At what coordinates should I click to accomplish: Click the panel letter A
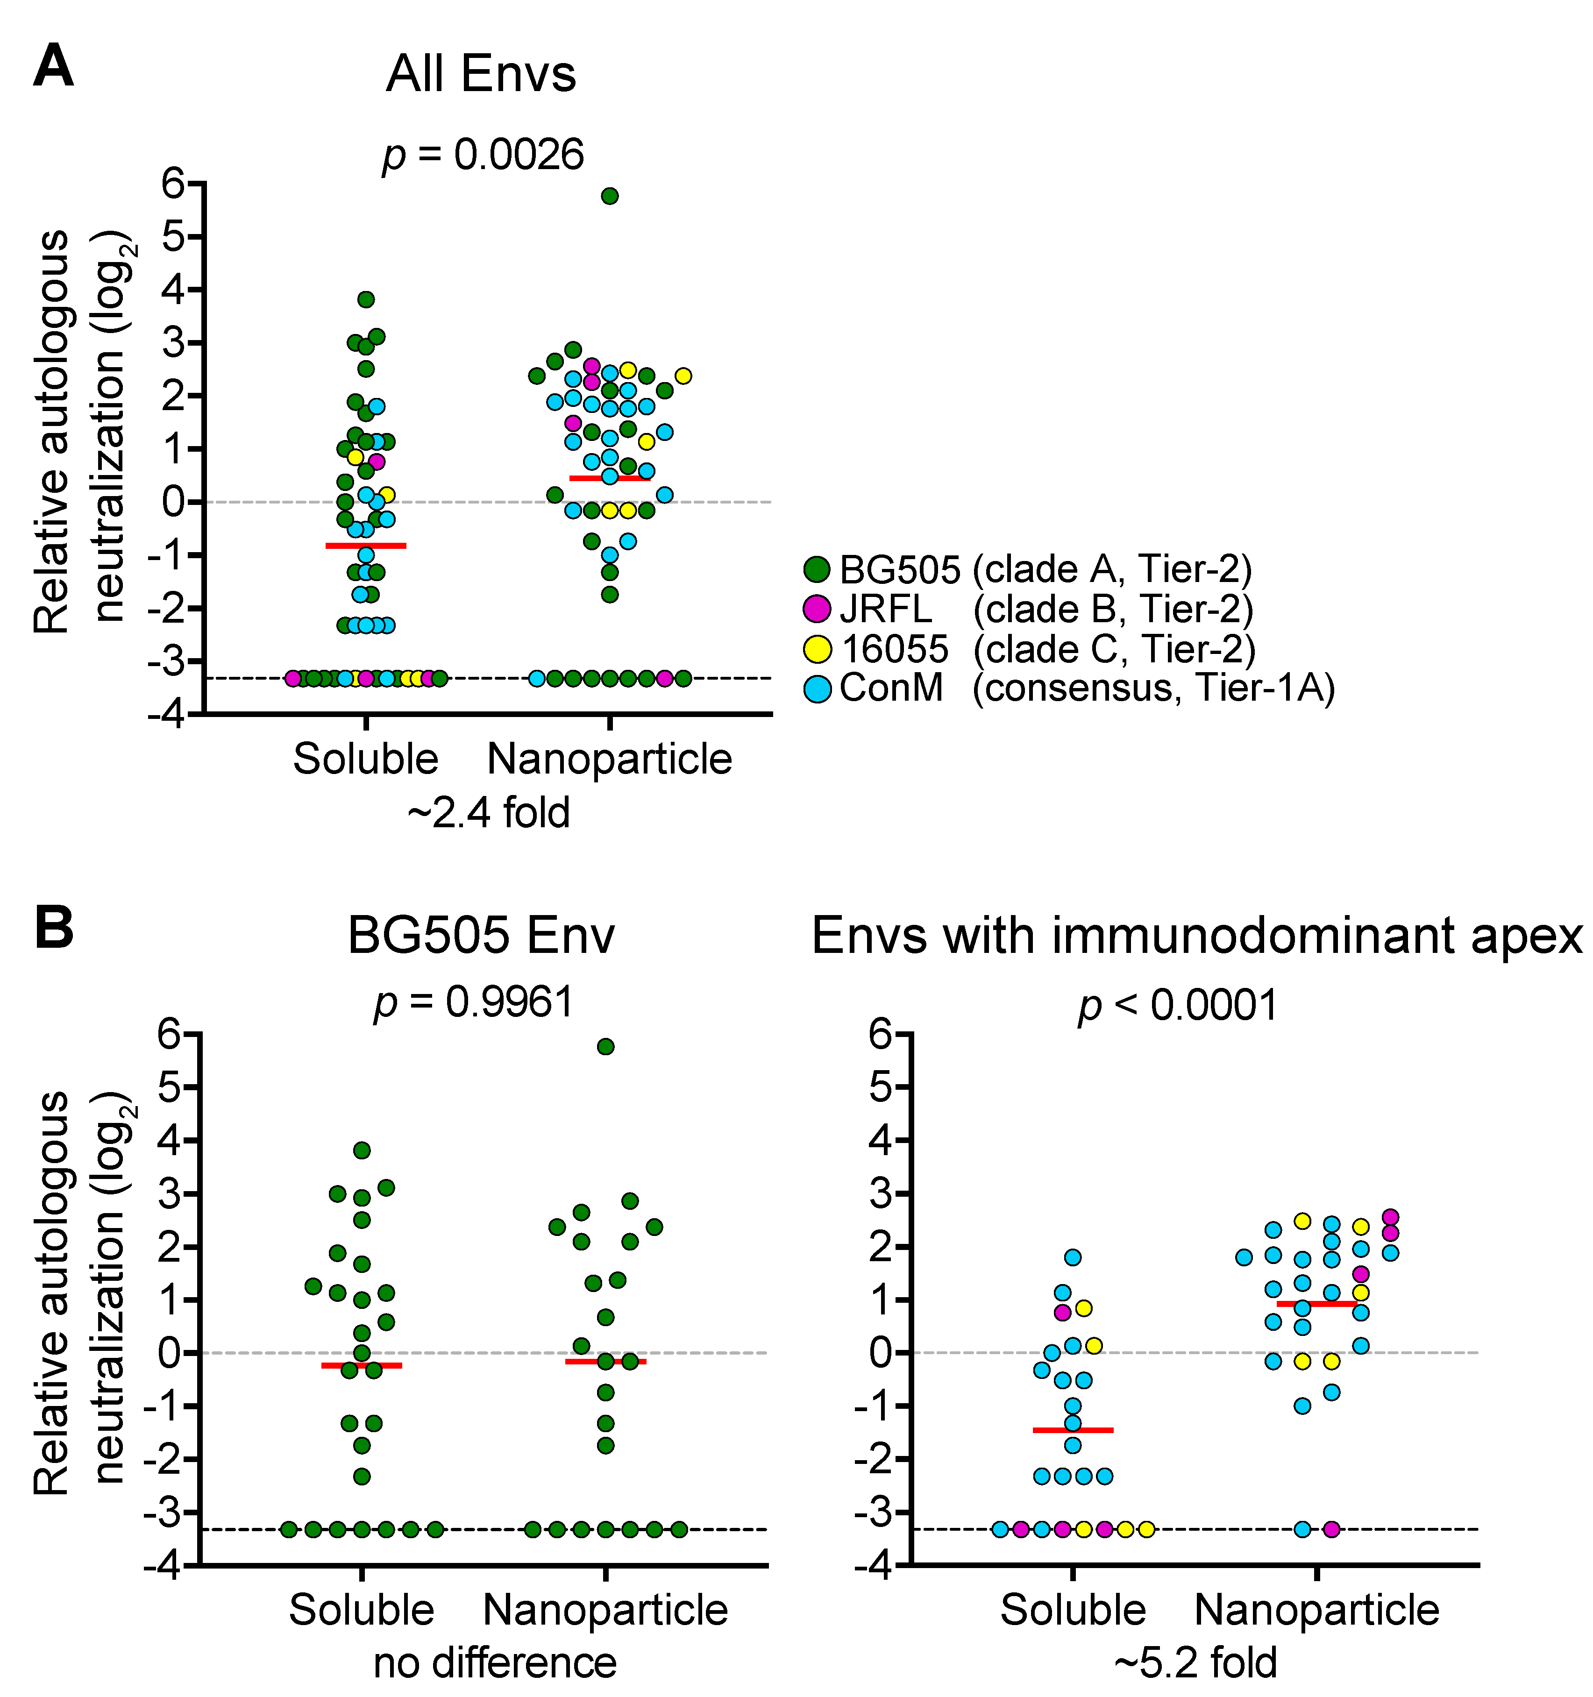coord(53,67)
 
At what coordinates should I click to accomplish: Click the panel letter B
coord(53,929)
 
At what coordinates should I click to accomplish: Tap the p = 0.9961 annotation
coord(474,1002)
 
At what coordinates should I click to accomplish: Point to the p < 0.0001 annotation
coord(1178,1005)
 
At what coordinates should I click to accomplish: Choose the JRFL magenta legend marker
coord(817,609)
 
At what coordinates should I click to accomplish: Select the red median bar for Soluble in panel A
coord(365,545)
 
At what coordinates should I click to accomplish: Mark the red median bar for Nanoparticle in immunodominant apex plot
coord(1316,1304)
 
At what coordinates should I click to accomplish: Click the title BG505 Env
coord(481,936)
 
